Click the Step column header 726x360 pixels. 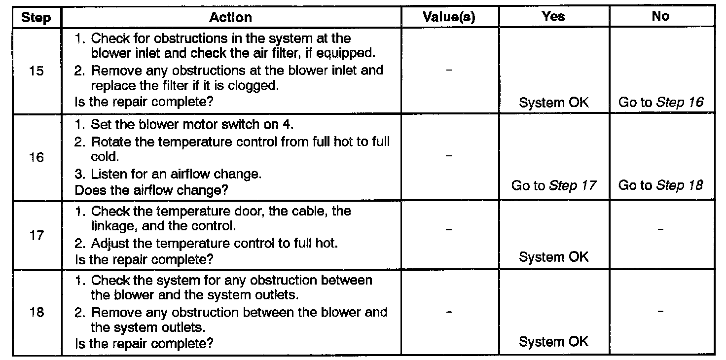point(36,18)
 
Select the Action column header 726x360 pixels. point(230,18)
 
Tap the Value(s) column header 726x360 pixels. point(449,17)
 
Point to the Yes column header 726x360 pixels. point(553,17)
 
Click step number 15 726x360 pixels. point(36,71)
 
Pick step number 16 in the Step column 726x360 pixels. point(36,158)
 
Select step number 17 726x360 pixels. point(36,235)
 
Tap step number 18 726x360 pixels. point(36,313)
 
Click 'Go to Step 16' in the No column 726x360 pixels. point(661,103)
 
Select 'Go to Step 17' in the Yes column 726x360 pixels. point(554,186)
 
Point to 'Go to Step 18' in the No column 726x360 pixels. point(661,186)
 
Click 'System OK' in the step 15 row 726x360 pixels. point(554,103)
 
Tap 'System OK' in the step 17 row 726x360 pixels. point(554,257)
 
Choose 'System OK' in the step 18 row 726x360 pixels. point(554,342)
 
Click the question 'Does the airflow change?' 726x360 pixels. point(151,190)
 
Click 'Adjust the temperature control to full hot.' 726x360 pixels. point(206,244)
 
